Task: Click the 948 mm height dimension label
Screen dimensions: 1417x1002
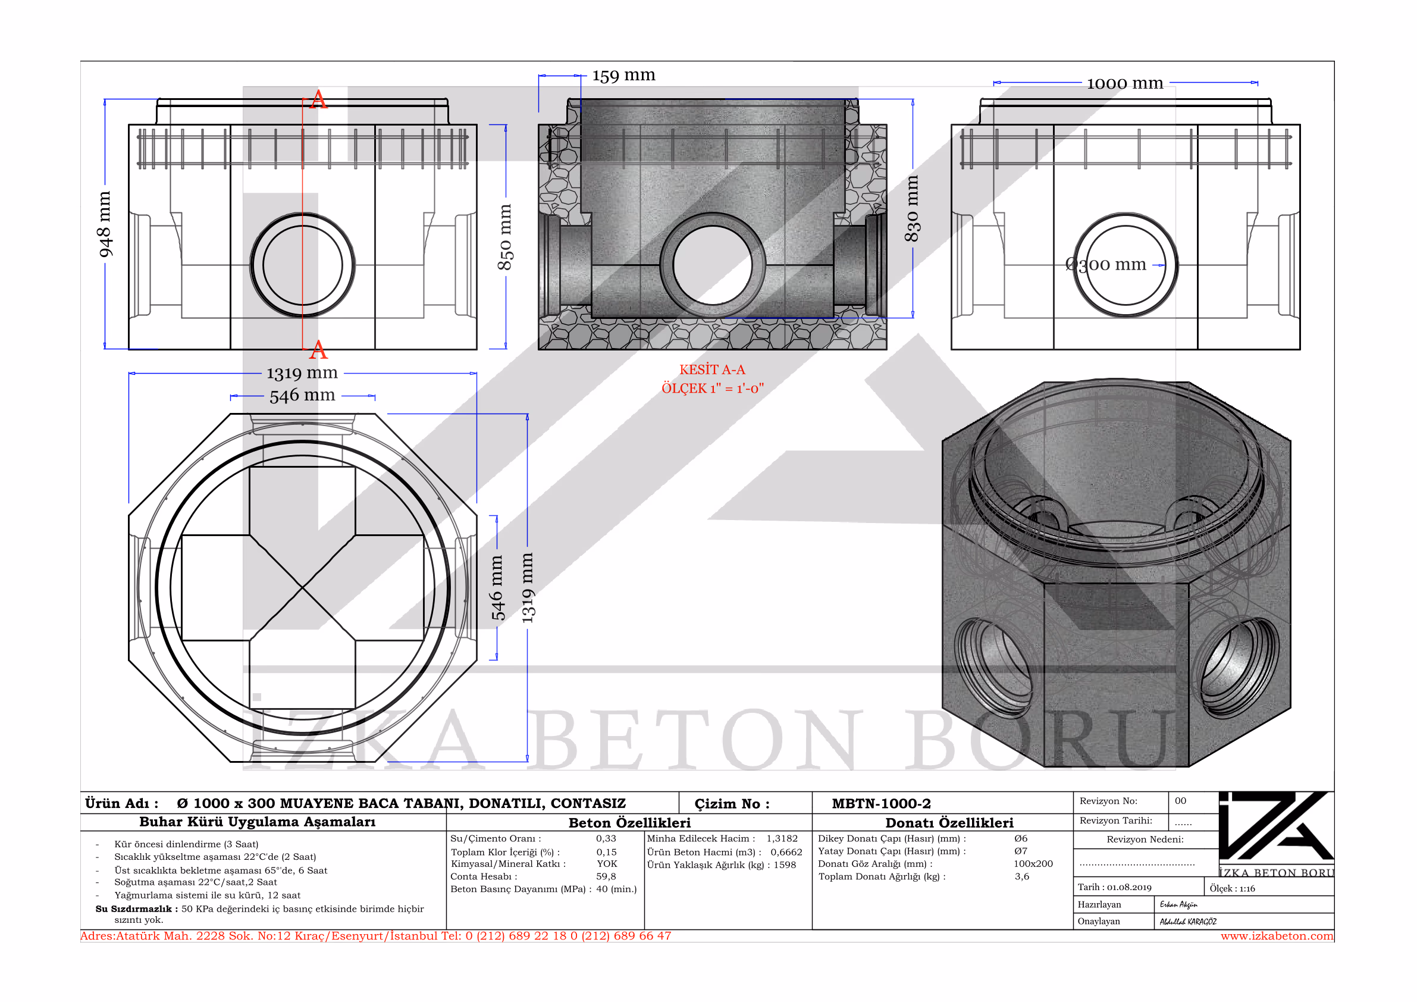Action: (105, 224)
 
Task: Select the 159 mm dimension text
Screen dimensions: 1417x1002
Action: (623, 76)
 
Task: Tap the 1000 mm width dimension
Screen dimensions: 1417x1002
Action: (1124, 83)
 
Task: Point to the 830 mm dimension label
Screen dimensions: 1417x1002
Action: (912, 209)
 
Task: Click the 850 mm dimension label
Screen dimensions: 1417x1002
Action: (505, 237)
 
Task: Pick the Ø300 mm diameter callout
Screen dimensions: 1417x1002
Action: (1105, 265)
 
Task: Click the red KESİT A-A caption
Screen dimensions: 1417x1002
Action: (712, 370)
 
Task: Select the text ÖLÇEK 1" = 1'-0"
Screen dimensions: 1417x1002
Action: (713, 389)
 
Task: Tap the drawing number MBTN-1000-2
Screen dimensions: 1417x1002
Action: (881, 803)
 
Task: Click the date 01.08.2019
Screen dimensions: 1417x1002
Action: (1129, 887)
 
